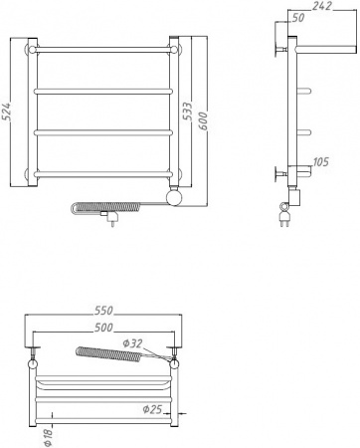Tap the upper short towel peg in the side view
tap(310, 91)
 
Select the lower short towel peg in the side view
tap(310, 132)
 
